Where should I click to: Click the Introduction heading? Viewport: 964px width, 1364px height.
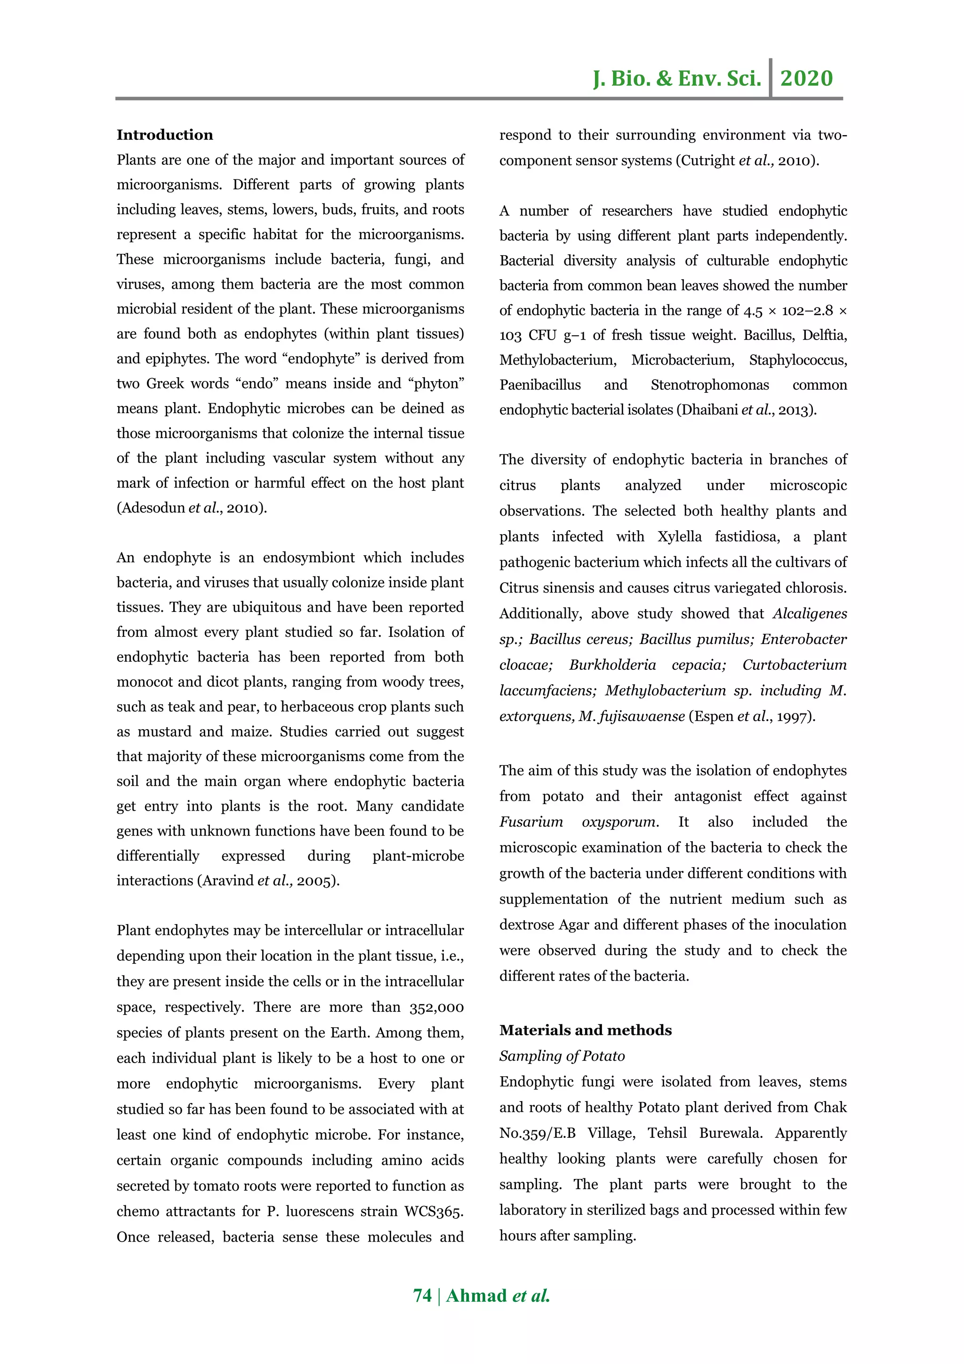(164, 136)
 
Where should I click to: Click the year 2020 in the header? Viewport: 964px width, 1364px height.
(806, 78)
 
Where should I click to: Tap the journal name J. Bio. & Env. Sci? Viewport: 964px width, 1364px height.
(677, 78)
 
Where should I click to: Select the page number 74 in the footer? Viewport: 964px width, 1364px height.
(422, 1296)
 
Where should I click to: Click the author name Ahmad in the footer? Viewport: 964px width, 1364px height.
(476, 1296)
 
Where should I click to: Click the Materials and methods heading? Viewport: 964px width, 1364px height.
(585, 1030)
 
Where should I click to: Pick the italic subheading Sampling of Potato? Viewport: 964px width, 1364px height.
(562, 1055)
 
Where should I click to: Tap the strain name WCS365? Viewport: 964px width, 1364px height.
(434, 1211)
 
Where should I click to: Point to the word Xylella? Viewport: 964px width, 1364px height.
(679, 537)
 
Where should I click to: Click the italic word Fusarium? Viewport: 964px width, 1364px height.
(530, 822)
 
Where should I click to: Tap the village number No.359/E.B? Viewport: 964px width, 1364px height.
(537, 1133)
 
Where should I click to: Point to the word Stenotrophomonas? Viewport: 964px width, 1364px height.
(709, 385)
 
